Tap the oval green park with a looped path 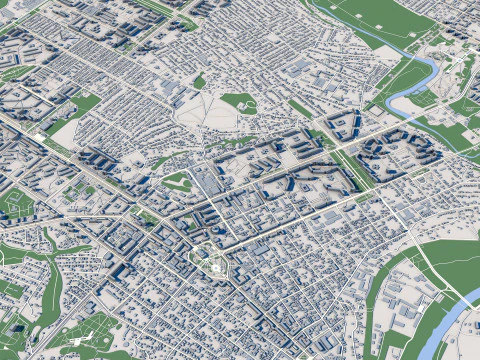point(177,181)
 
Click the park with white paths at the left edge point(14,204)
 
